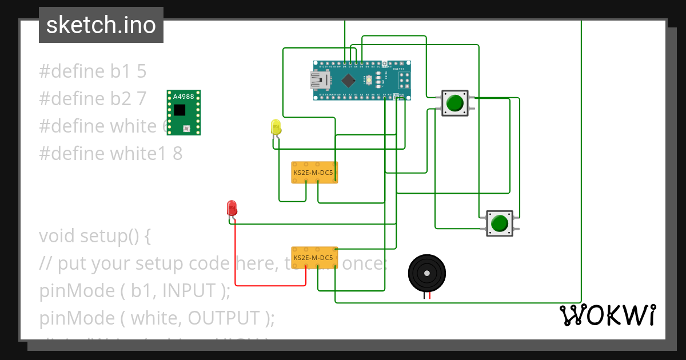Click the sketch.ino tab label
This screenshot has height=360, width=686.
coord(101,25)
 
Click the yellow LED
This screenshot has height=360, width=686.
coord(276,127)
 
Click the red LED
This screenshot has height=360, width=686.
coord(232,207)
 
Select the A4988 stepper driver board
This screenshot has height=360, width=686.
coord(184,113)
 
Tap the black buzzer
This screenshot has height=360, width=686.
coord(426,274)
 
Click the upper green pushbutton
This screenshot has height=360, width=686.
coord(455,103)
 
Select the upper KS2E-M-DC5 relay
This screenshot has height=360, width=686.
coord(314,172)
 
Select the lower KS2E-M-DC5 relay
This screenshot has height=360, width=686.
coord(314,258)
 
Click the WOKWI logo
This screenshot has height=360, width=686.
coord(607,315)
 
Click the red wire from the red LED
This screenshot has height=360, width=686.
coord(269,285)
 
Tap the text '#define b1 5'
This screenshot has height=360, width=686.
coord(93,71)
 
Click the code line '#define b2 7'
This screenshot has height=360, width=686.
coord(93,99)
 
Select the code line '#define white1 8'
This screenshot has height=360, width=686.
coord(111,154)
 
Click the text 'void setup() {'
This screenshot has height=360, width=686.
coord(95,236)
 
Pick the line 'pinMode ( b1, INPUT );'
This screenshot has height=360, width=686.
coord(135,291)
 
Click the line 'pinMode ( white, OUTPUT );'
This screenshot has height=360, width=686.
coord(157,318)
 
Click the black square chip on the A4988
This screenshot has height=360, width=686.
coord(180,109)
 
